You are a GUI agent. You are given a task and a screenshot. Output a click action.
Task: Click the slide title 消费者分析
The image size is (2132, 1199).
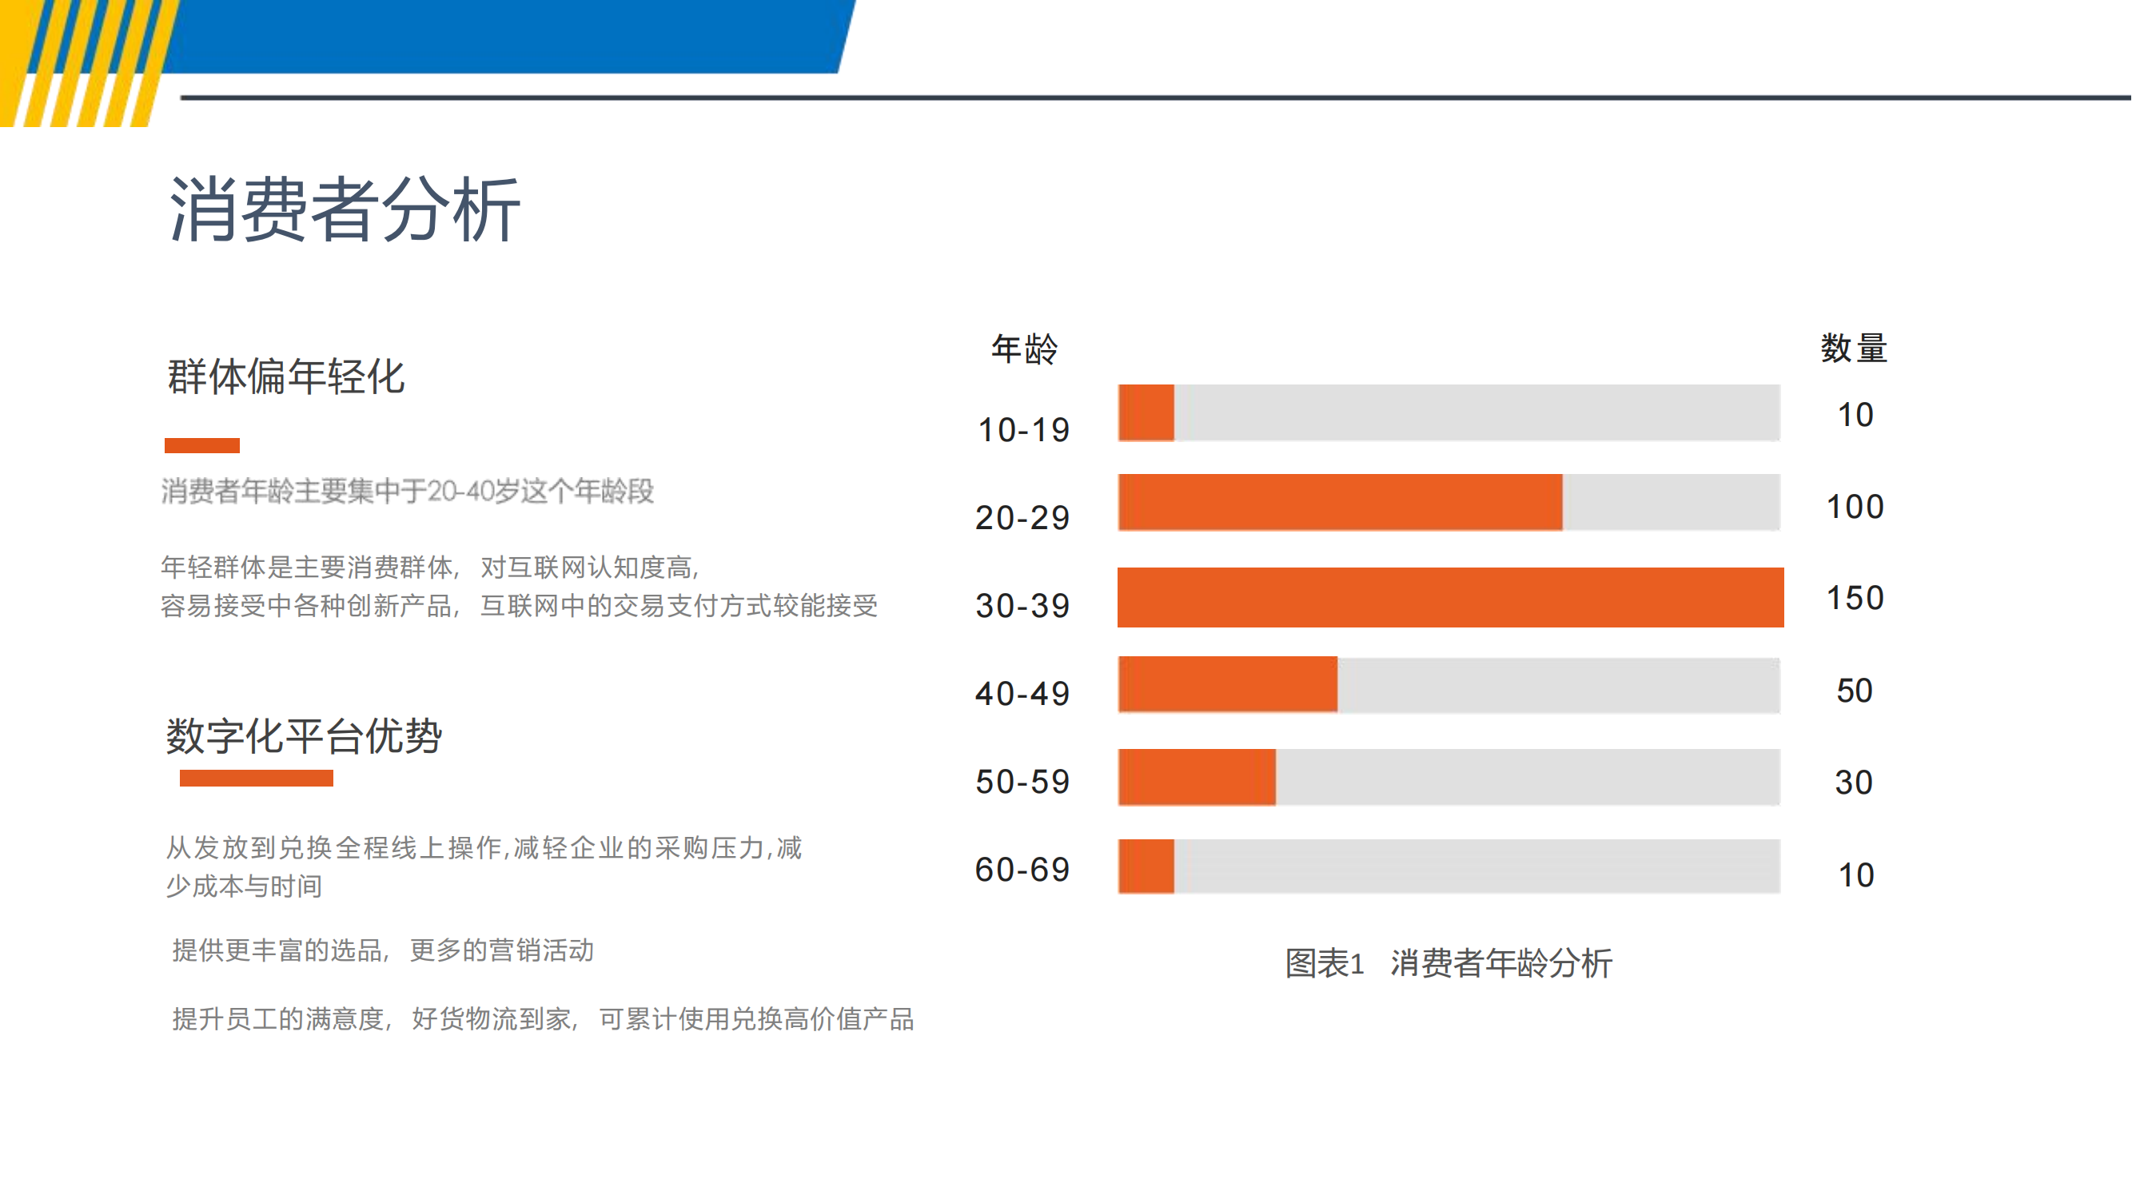click(x=345, y=210)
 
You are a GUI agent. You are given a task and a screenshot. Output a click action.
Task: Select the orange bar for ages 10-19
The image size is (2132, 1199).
click(x=1146, y=412)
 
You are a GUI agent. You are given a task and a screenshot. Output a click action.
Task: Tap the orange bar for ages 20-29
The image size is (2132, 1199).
click(x=1340, y=502)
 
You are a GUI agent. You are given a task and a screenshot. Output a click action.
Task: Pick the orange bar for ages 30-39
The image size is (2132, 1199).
click(x=1450, y=597)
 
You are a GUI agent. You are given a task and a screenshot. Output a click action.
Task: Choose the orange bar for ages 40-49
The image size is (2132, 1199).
click(x=1227, y=684)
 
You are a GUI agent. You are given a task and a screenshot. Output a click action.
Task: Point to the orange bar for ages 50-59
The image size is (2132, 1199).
click(x=1197, y=777)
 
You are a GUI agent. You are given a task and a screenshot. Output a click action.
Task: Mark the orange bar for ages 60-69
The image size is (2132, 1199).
click(x=1146, y=866)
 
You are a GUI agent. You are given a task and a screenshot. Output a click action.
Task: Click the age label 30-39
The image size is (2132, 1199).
click(x=1023, y=606)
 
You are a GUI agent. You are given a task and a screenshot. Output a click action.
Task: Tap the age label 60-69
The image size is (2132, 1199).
click(x=1023, y=870)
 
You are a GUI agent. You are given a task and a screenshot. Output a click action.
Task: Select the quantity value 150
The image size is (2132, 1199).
click(x=1855, y=598)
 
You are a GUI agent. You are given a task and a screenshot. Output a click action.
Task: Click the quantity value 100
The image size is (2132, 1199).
click(x=1855, y=507)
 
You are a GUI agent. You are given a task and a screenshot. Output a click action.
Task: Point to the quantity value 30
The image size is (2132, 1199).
click(x=1854, y=783)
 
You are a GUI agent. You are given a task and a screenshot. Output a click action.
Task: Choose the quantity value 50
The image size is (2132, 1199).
click(x=1854, y=691)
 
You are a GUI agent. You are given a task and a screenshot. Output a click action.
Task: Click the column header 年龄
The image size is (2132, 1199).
click(x=1025, y=349)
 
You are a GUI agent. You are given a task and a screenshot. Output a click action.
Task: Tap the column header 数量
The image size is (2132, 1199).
click(x=1854, y=349)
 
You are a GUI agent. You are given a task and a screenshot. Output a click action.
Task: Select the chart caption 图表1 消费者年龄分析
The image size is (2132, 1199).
click(x=1449, y=963)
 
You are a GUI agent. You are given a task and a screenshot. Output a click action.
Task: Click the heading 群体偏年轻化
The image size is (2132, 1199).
click(x=286, y=377)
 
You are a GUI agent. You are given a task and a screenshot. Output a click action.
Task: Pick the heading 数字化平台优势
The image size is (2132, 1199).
click(x=304, y=735)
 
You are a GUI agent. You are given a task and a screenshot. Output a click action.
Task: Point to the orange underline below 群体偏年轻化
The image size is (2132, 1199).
click(x=202, y=446)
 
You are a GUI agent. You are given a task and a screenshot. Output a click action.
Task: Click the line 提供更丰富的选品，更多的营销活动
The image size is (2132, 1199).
click(x=382, y=950)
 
